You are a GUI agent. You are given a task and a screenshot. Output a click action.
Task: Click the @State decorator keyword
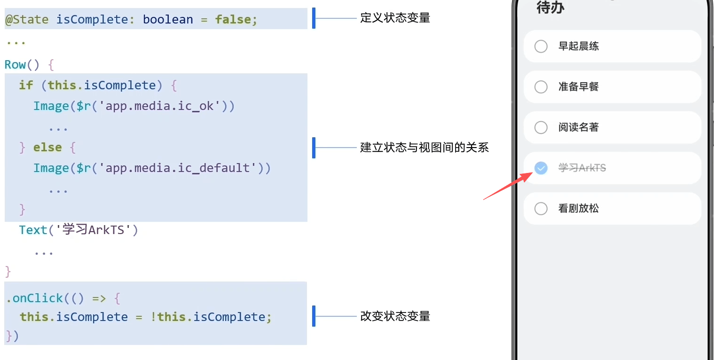pos(27,20)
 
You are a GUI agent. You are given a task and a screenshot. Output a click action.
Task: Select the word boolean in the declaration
pos(168,20)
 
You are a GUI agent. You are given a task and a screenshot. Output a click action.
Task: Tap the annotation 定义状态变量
pos(395,18)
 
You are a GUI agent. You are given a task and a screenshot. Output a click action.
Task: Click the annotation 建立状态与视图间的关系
pos(424,148)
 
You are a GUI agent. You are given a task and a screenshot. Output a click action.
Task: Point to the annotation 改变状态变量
pos(395,316)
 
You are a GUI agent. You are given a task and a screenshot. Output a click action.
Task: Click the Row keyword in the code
pos(15,64)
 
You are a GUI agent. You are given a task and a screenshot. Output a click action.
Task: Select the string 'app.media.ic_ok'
pos(160,106)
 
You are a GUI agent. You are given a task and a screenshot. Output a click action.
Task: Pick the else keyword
pos(47,148)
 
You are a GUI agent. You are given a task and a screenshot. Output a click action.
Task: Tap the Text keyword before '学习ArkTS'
pos(33,230)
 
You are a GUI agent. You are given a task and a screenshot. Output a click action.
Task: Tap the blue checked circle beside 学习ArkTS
pos(541,168)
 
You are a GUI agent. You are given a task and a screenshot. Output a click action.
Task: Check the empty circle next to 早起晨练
pos(541,46)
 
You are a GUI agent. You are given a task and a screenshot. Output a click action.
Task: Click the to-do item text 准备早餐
pos(578,87)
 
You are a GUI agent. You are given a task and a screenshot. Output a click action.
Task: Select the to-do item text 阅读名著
pos(578,127)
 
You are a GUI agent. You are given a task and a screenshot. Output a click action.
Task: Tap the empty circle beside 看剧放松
pos(541,209)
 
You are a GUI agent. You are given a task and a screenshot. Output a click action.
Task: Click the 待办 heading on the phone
pos(550,8)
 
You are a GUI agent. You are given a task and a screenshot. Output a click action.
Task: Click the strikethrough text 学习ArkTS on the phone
pos(582,168)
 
